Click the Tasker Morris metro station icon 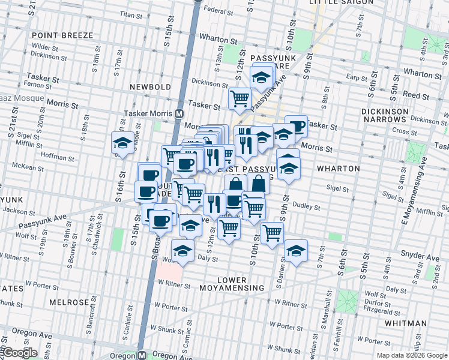[179, 113]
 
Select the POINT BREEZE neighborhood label [63, 35]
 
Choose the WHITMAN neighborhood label [405, 323]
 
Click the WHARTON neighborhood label [339, 169]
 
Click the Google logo [19, 353]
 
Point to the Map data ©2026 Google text [412, 355]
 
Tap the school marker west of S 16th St [122, 144]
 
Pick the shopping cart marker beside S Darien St [273, 232]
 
